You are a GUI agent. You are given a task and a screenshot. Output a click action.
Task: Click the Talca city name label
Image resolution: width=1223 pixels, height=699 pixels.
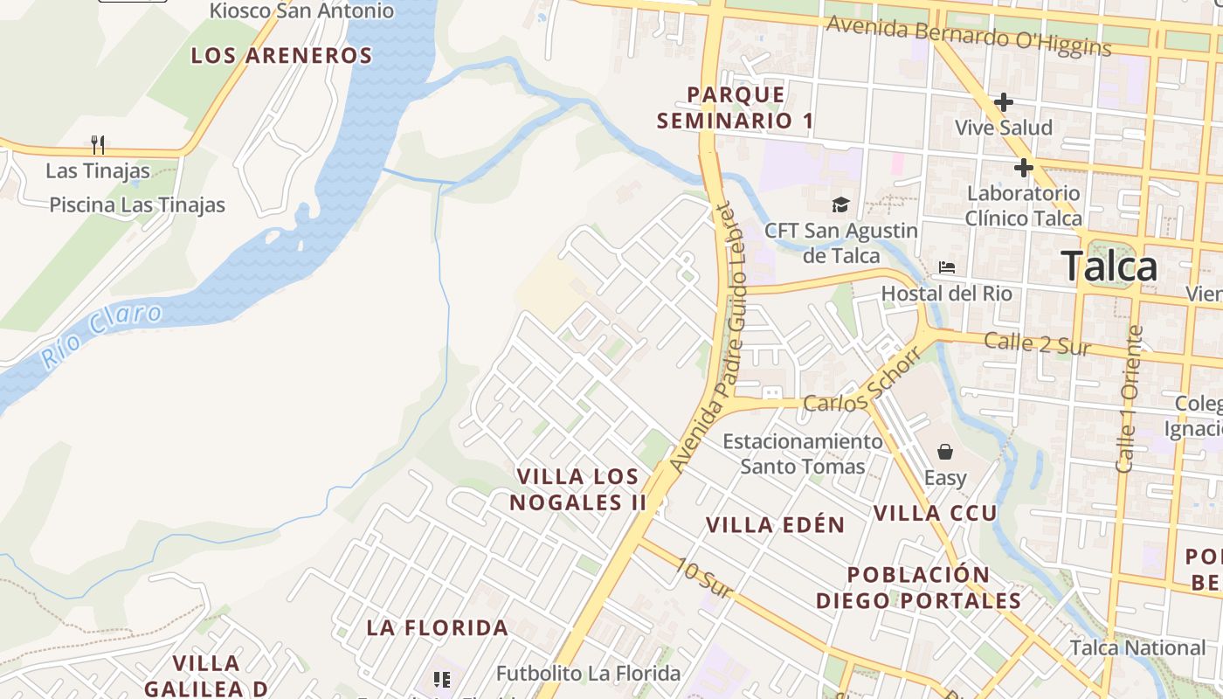pyautogui.click(x=1109, y=266)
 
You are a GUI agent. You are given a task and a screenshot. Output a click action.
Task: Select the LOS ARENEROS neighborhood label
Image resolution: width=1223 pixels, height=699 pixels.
pyautogui.click(x=281, y=56)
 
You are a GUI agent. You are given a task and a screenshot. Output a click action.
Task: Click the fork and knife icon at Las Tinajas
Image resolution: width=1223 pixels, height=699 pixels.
pyautogui.click(x=98, y=144)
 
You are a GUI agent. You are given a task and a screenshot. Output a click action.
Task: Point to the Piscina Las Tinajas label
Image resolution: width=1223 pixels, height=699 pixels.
pyautogui.click(x=137, y=205)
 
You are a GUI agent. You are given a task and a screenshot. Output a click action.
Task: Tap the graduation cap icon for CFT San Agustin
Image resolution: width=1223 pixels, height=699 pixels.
pyautogui.click(x=840, y=205)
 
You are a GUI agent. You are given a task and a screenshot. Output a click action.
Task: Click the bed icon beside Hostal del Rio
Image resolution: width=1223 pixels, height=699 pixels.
pyautogui.click(x=947, y=267)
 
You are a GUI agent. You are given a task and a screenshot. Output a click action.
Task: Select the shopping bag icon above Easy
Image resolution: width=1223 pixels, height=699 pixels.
pyautogui.click(x=945, y=452)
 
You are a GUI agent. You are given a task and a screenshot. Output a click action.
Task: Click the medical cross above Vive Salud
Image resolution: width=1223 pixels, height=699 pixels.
pyautogui.click(x=1004, y=102)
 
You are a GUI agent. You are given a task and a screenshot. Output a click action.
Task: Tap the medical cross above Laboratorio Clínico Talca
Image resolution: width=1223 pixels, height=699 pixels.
pyautogui.click(x=1024, y=168)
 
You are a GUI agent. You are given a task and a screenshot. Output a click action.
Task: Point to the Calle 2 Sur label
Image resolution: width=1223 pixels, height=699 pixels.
pyautogui.click(x=1037, y=343)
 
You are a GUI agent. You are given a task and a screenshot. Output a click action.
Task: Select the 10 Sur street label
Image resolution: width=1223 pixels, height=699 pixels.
pyautogui.click(x=703, y=577)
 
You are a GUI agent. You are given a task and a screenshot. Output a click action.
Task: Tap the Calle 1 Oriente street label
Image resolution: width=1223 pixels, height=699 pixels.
pyautogui.click(x=1128, y=399)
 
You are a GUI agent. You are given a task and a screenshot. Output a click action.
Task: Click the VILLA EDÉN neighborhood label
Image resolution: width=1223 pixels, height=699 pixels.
pyautogui.click(x=775, y=525)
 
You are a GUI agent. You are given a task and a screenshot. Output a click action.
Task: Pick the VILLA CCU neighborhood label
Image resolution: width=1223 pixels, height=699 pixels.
pyautogui.click(x=936, y=513)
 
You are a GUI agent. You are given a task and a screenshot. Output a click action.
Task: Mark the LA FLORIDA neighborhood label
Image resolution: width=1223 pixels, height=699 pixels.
pyautogui.click(x=437, y=627)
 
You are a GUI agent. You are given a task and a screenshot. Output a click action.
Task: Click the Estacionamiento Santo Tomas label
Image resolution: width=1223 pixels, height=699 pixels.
pyautogui.click(x=803, y=453)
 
